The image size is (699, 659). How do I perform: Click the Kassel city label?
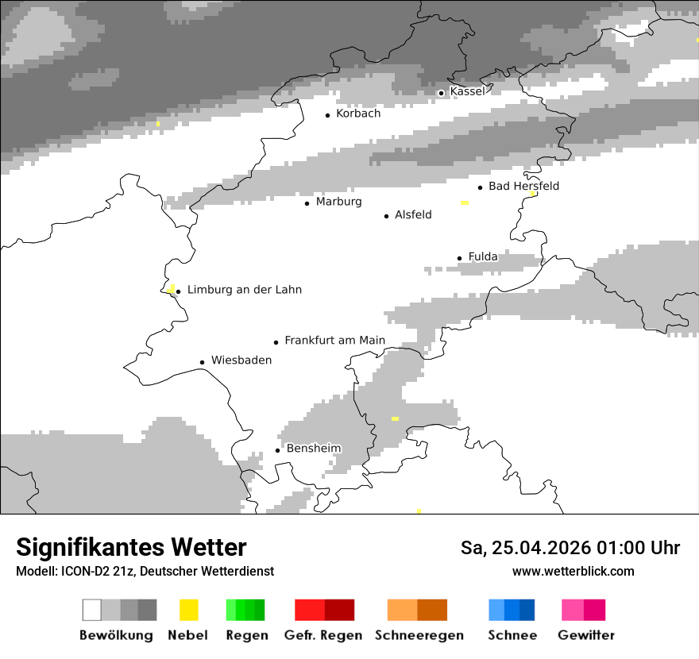click(467, 91)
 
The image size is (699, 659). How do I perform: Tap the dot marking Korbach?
click(327, 115)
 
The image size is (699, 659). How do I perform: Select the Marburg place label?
click(338, 202)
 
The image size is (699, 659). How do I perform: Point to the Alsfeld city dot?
click(387, 216)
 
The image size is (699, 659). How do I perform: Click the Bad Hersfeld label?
click(523, 187)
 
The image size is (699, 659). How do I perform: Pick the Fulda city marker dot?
click(459, 258)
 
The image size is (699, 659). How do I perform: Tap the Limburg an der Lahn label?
click(244, 291)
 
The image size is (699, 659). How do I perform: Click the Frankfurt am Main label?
click(334, 341)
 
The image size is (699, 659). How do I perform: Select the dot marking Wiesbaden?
click(203, 362)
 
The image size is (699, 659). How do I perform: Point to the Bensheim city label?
click(314, 449)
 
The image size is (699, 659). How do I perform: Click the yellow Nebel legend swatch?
click(189, 610)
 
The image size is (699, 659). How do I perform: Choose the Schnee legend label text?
click(512, 635)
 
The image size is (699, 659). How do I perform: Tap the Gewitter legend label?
click(586, 635)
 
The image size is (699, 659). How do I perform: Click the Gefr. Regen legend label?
click(323, 635)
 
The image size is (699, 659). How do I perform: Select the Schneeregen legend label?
click(419, 635)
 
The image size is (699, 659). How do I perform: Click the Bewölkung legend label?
click(116, 635)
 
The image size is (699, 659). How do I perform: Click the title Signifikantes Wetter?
click(131, 547)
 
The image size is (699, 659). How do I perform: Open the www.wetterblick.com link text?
click(573, 571)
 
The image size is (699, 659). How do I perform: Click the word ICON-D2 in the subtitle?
click(83, 572)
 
